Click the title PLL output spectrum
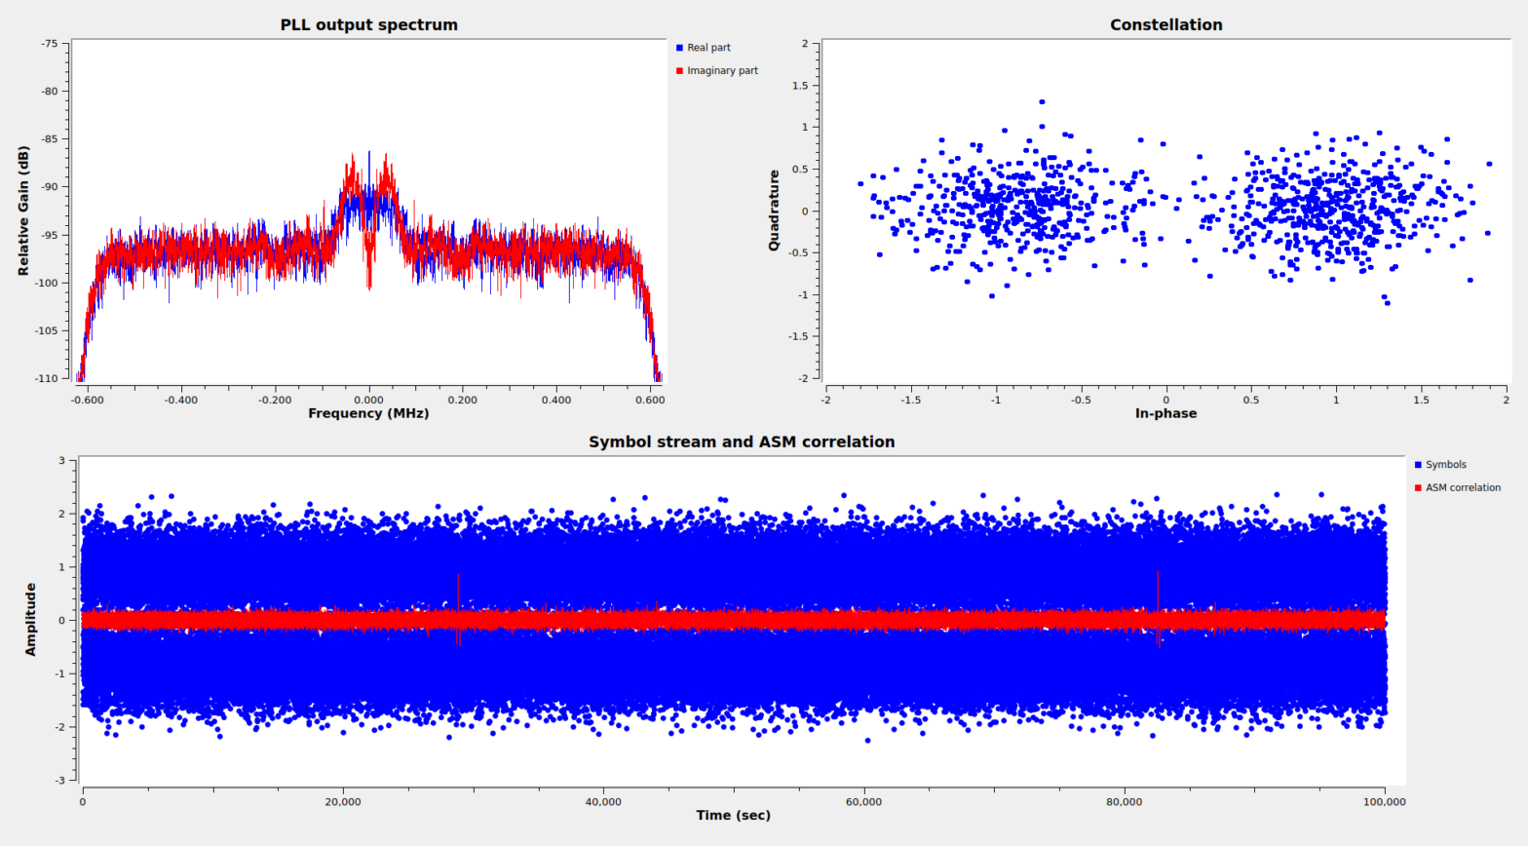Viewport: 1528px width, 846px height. (x=368, y=25)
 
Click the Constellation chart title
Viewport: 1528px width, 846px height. (x=1165, y=25)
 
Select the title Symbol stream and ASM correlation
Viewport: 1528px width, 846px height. (x=741, y=442)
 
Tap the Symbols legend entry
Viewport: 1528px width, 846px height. (x=1445, y=465)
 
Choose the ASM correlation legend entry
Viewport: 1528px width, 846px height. (x=1462, y=488)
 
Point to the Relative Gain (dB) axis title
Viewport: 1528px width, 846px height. (x=23, y=211)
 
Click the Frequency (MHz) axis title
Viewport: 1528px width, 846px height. (x=368, y=413)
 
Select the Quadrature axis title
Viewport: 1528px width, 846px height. (x=774, y=211)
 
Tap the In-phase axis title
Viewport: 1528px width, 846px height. (x=1165, y=413)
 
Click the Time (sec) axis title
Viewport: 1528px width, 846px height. (x=733, y=816)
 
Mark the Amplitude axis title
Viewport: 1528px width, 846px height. (x=30, y=620)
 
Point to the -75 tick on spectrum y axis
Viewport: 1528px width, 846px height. (x=50, y=44)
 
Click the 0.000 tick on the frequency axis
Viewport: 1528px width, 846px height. (x=368, y=400)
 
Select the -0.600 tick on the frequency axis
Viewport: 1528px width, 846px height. (x=87, y=400)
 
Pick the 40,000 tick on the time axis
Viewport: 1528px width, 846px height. (x=603, y=802)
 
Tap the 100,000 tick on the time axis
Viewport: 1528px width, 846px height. (x=1384, y=802)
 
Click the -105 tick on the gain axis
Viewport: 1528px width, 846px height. (x=47, y=330)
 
